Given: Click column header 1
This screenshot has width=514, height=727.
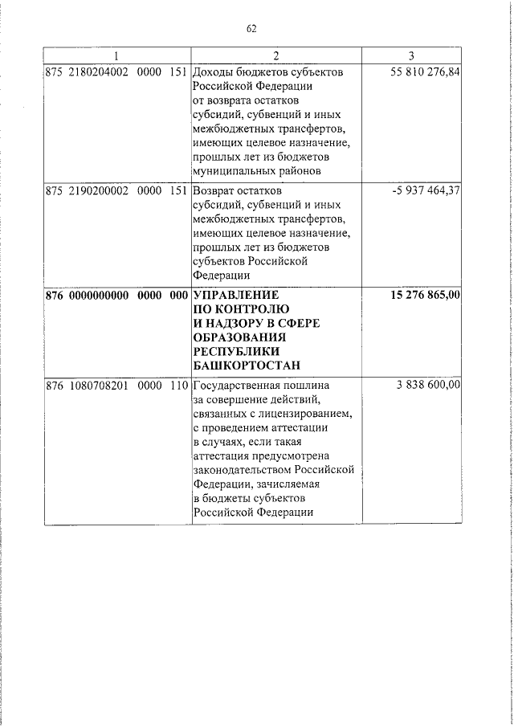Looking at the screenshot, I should pos(117,55).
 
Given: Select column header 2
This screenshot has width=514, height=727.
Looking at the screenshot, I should pos(276,55).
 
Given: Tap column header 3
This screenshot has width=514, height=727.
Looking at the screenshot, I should pos(411,55).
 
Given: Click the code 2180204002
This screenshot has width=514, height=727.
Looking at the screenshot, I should pos(99,71).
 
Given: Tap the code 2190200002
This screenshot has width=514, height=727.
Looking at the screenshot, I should pos(99,193).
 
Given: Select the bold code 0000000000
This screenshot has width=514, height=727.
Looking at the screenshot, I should pos(99,295).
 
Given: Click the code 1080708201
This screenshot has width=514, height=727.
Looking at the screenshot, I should pos(99,386).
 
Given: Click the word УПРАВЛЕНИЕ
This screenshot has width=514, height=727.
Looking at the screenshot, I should pos(235,295).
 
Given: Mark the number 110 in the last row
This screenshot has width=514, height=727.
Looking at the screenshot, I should pos(177,386).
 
